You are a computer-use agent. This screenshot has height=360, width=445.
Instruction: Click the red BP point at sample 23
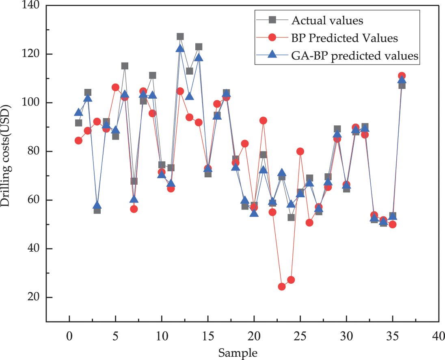click(x=282, y=287)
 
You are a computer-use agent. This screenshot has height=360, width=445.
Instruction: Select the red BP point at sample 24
click(x=291, y=280)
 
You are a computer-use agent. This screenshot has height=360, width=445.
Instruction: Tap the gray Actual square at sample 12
click(x=180, y=37)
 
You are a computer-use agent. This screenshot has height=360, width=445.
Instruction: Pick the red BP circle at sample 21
click(x=263, y=121)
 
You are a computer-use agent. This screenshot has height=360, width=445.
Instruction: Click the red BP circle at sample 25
click(x=300, y=151)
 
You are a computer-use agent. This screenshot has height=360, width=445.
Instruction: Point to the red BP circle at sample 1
click(x=78, y=141)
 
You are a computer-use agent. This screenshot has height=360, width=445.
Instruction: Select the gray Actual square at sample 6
click(x=125, y=66)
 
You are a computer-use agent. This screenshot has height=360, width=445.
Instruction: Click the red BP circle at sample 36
click(x=402, y=76)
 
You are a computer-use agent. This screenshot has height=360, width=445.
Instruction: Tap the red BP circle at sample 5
click(x=115, y=87)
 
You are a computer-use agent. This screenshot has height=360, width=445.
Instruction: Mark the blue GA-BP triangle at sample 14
click(x=199, y=58)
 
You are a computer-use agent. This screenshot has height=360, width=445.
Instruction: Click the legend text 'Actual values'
click(x=327, y=20)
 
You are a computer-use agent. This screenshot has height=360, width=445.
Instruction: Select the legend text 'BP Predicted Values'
click(x=344, y=38)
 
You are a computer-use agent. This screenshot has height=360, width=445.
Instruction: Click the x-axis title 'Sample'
click(x=238, y=353)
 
